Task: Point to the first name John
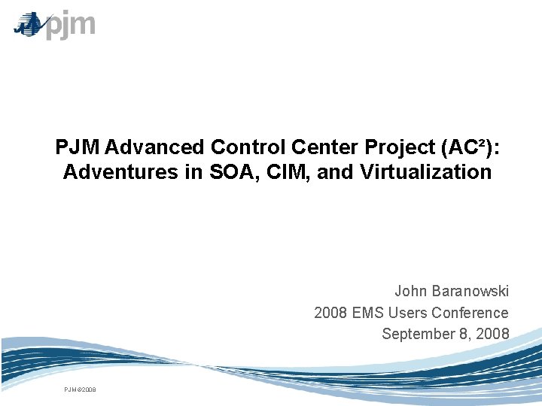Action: (412, 291)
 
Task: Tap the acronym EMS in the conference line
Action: (367, 312)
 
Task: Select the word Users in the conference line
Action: (409, 312)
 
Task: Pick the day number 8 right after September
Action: (471, 333)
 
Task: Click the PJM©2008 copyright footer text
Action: (79, 389)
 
